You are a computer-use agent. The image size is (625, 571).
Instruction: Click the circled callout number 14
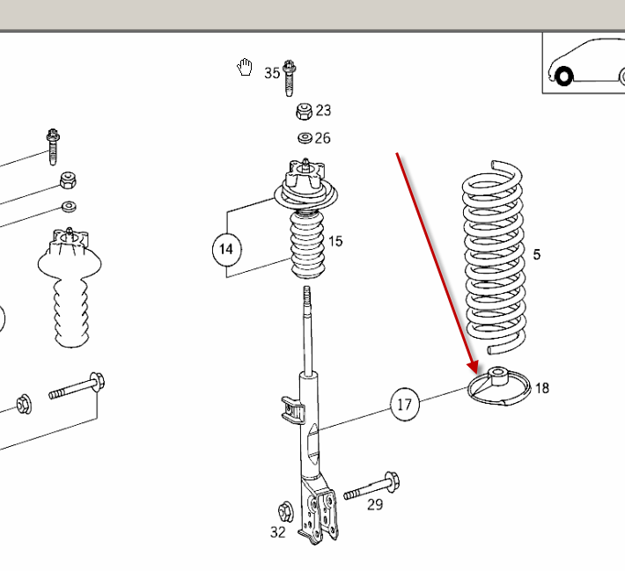pos(226,249)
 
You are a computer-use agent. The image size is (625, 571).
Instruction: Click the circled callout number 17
pos(404,405)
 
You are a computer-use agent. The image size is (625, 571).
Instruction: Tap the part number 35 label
pos(272,73)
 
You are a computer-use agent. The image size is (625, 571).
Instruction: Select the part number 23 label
pos(323,110)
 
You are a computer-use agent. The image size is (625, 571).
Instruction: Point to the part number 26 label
pos(323,138)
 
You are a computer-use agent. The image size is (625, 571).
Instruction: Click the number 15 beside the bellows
pos(335,241)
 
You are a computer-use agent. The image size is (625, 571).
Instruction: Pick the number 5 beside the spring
pos(537,255)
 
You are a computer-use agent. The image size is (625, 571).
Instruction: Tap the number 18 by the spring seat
pos(541,387)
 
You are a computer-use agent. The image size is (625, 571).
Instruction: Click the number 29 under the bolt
pos(375,504)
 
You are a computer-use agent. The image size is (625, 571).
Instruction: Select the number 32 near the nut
pos(277,531)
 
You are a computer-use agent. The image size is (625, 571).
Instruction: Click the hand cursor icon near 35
pos(245,68)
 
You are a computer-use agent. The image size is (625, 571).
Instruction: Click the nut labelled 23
pos(304,111)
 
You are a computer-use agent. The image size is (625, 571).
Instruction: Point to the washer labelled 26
pos(305,138)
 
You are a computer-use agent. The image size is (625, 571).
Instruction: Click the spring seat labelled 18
pos(498,386)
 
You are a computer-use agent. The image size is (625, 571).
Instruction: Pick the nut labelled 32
pos(284,511)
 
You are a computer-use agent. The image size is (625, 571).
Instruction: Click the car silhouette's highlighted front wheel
pos(563,77)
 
